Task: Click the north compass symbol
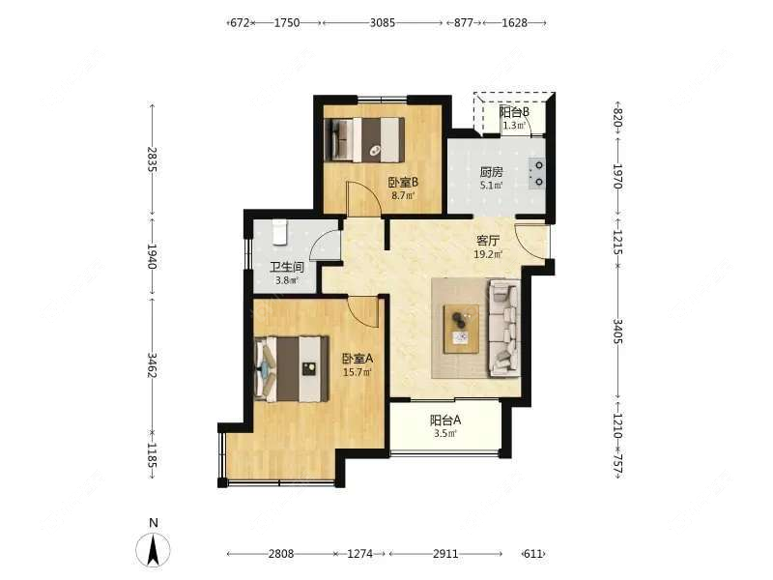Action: pyautogui.click(x=154, y=548)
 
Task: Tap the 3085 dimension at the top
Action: pyautogui.click(x=383, y=22)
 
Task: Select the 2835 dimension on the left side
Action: pyautogui.click(x=153, y=159)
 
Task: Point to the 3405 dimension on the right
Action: pyautogui.click(x=617, y=332)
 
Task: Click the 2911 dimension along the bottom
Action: pyautogui.click(x=445, y=554)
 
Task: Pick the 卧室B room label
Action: pyautogui.click(x=403, y=183)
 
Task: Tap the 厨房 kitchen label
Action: pyautogui.click(x=492, y=172)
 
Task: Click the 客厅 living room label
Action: pyautogui.click(x=488, y=241)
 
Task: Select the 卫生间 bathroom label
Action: pyautogui.click(x=286, y=268)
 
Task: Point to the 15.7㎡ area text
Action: pyautogui.click(x=358, y=372)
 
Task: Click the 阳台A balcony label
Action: pyautogui.click(x=445, y=420)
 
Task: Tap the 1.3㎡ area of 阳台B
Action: pyautogui.click(x=514, y=126)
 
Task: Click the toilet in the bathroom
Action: pyautogui.click(x=279, y=232)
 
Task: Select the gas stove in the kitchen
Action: pyautogui.click(x=536, y=174)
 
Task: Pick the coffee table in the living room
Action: pyautogui.click(x=462, y=329)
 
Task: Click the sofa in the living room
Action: pyautogui.click(x=504, y=328)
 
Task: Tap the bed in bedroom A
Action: pyautogui.click(x=292, y=368)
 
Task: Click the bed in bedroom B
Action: pyautogui.click(x=365, y=139)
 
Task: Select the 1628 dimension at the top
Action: pyautogui.click(x=515, y=22)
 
